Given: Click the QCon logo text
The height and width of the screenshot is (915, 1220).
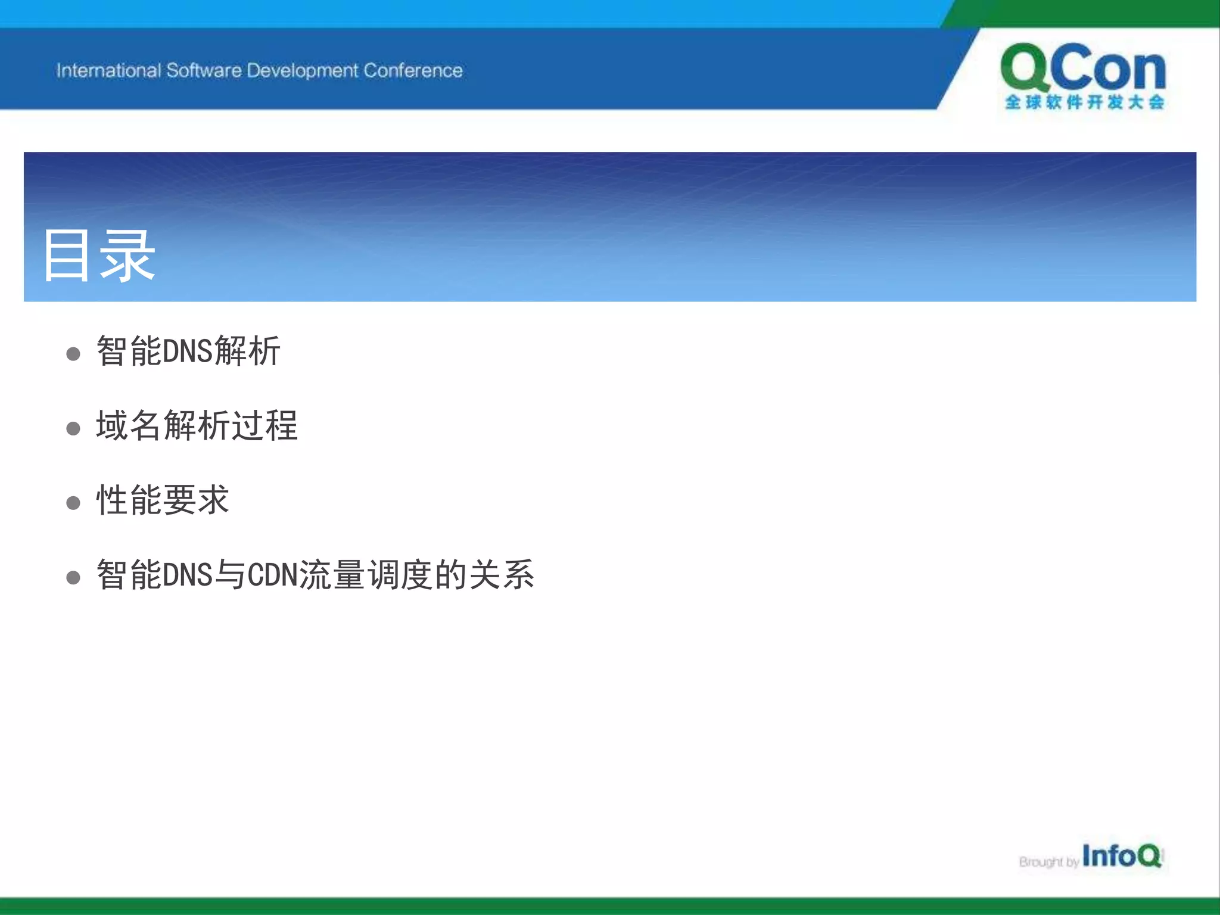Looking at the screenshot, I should [1083, 69].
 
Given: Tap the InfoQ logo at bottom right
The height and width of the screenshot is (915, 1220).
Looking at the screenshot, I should [1121, 856].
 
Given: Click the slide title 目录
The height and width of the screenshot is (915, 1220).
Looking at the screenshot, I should [99, 256].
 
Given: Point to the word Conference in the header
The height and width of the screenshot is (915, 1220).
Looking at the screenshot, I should [413, 70].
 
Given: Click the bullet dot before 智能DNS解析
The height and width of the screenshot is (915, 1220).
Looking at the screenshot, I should [73, 354].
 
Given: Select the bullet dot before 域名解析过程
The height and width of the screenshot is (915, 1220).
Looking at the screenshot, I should [73, 428].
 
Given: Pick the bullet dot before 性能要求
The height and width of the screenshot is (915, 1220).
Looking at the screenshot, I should [73, 503].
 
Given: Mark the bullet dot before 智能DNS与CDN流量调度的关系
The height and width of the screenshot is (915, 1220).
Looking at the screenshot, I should [73, 577].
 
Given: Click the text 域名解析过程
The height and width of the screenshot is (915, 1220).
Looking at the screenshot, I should [197, 425].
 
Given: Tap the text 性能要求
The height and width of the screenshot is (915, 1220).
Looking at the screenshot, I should [163, 500].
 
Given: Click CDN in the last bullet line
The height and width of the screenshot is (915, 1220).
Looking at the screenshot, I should [272, 575].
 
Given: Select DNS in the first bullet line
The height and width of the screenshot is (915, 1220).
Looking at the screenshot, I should [187, 351].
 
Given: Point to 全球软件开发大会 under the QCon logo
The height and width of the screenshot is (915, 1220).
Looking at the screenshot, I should [1084, 102].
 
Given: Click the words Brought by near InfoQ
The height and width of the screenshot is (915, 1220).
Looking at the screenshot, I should [1048, 862].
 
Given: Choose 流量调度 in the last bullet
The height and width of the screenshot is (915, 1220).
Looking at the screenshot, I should [366, 575].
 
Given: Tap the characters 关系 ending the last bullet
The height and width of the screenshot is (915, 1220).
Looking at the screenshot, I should [502, 575].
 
